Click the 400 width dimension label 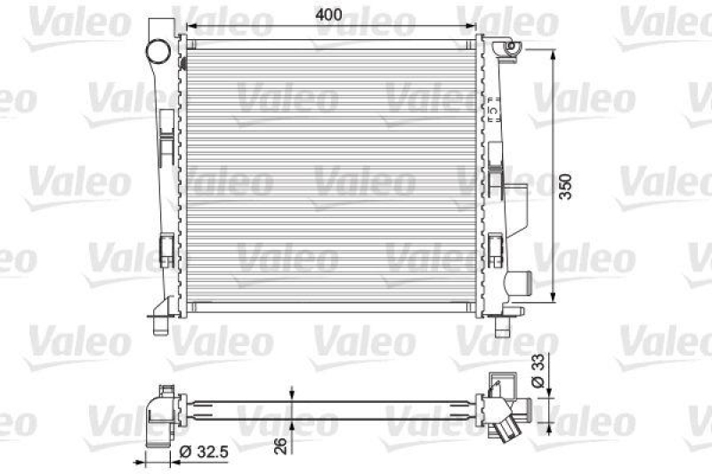(x=331, y=15)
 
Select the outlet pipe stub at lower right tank (x=517, y=284)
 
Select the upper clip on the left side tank (x=166, y=143)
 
